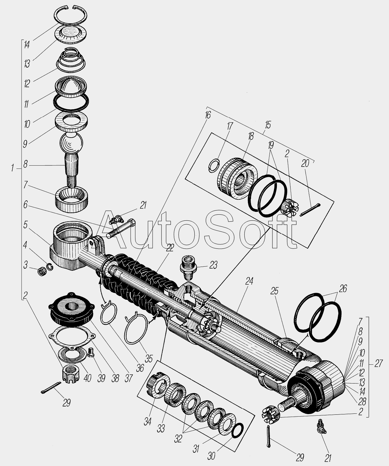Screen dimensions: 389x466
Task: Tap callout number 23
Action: click(x=213, y=265)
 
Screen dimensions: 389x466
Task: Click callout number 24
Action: click(x=249, y=281)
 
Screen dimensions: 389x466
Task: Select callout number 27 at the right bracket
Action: click(x=378, y=363)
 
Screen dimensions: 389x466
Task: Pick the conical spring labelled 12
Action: click(x=71, y=61)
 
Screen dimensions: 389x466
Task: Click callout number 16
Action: click(x=208, y=115)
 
